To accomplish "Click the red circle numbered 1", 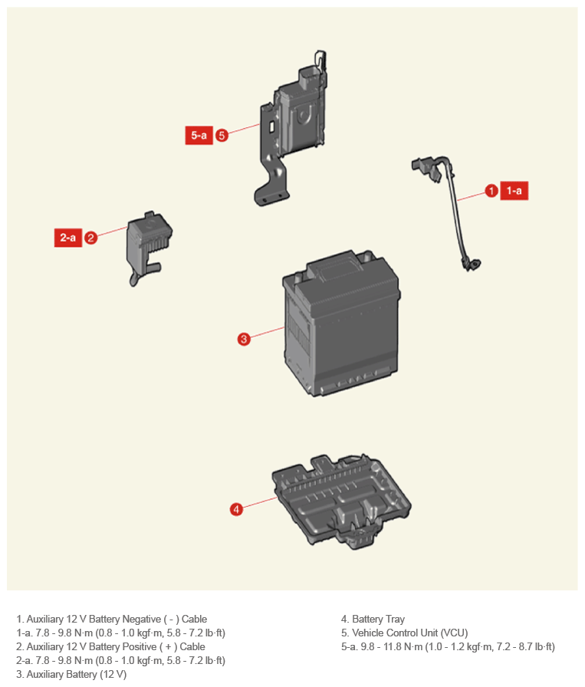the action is pyautogui.click(x=491, y=191).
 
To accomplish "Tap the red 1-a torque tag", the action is pyautogui.click(x=514, y=191).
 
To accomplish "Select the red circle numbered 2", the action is pyautogui.click(x=90, y=238).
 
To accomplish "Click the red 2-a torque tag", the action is pyautogui.click(x=68, y=238).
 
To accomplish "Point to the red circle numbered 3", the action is pyautogui.click(x=244, y=339).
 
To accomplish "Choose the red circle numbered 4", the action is pyautogui.click(x=236, y=509).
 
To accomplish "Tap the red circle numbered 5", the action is pyautogui.click(x=222, y=136).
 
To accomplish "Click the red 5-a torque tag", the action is pyautogui.click(x=199, y=136).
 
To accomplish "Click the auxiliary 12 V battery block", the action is pyautogui.click(x=341, y=324).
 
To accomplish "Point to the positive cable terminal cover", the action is pyautogui.click(x=149, y=245).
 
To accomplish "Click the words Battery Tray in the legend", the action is pyautogui.click(x=378, y=619).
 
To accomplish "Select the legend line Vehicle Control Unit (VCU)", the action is pyautogui.click(x=405, y=633).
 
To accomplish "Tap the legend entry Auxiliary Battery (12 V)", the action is pyautogui.click(x=71, y=674).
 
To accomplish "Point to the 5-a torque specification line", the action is pyautogui.click(x=448, y=646).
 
